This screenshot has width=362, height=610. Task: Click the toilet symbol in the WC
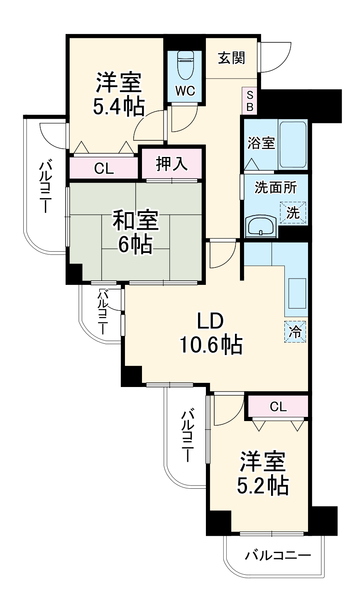[185, 65]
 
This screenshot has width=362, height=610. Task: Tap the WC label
[185, 91]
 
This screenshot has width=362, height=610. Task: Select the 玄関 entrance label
[232, 58]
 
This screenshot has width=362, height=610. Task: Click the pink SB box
[249, 101]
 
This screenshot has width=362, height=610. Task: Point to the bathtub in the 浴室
[293, 144]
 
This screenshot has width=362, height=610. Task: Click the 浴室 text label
[261, 143]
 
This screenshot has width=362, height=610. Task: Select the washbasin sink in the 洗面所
[260, 226]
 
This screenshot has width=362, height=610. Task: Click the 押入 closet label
[171, 164]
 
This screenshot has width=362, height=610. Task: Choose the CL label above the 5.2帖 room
[278, 407]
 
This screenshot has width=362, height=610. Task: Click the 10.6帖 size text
[210, 345]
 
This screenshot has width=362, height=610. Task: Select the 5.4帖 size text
[118, 107]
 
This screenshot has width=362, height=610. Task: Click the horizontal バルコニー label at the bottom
[277, 555]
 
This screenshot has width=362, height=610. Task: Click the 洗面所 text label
[275, 188]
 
